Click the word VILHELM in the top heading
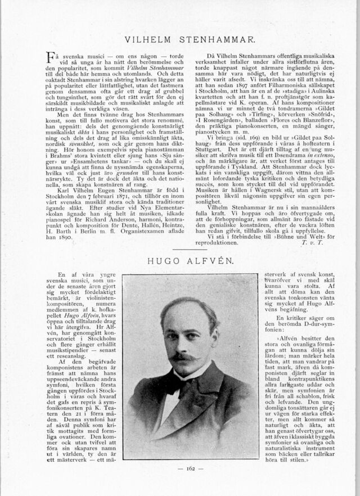148,40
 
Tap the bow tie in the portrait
180,386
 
